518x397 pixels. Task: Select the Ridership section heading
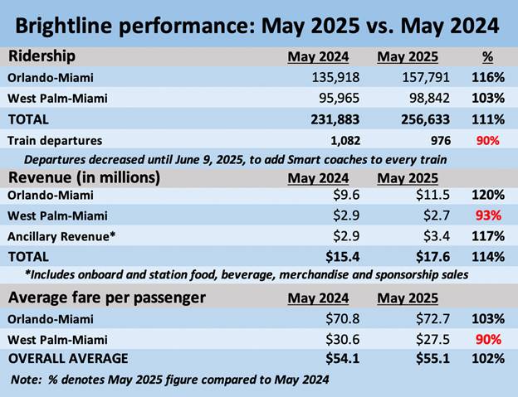tap(45, 56)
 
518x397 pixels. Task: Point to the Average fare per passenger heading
tap(105, 298)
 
